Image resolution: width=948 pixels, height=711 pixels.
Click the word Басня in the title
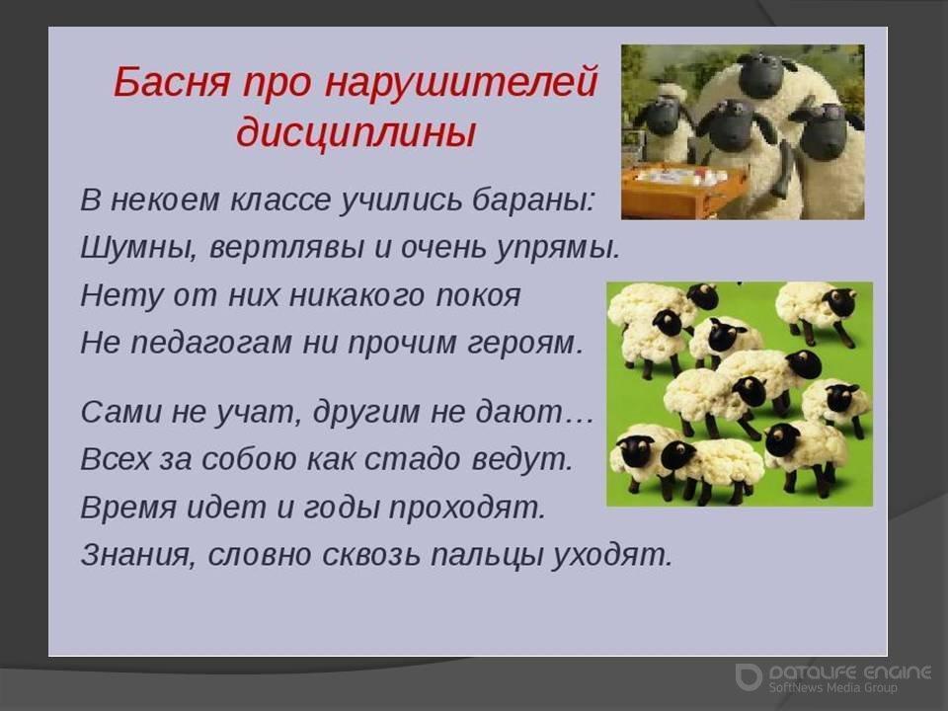point(171,82)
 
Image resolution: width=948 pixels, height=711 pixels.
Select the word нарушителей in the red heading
point(461,83)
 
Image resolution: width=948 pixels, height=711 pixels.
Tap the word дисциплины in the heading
point(356,133)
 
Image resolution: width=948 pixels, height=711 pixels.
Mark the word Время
point(128,507)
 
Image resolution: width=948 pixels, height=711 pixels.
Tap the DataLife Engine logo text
point(850,672)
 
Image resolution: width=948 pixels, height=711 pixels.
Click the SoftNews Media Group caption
point(832,687)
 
